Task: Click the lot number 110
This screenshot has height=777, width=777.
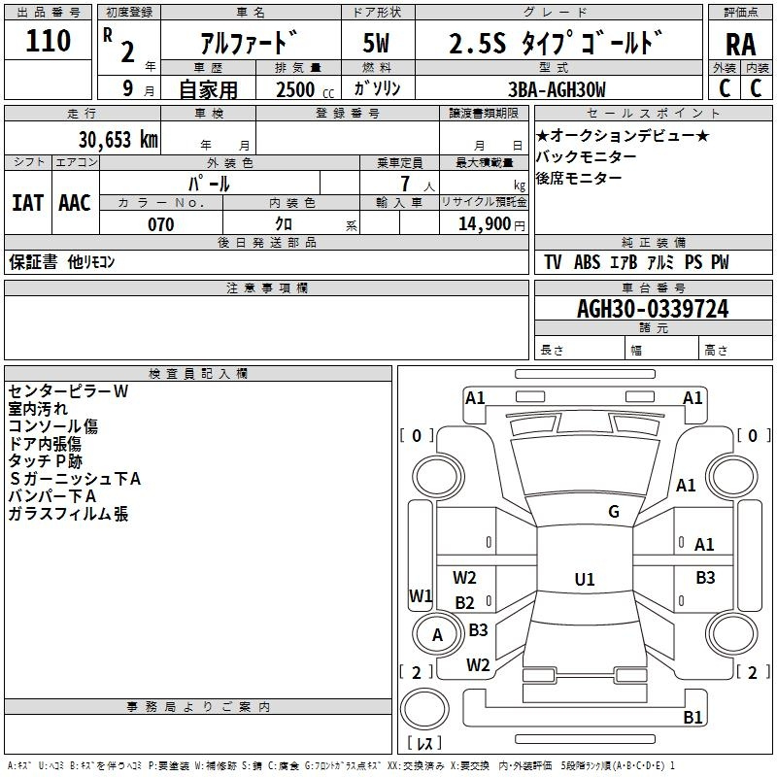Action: click(x=48, y=41)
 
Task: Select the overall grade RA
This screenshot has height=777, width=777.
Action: click(x=740, y=45)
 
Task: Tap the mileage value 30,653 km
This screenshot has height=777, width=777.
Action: click(x=118, y=140)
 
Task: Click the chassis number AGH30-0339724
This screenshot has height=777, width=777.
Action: click(x=653, y=309)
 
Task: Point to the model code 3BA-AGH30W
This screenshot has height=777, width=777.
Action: click(x=557, y=89)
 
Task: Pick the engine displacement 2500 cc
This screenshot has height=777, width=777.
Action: click(x=305, y=90)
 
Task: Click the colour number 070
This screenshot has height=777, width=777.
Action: click(x=161, y=224)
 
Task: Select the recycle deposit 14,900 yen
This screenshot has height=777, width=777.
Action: click(x=491, y=224)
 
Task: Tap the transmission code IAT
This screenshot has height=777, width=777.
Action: click(x=27, y=203)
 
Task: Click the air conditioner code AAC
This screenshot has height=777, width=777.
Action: click(x=75, y=203)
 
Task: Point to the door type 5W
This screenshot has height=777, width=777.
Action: click(x=376, y=43)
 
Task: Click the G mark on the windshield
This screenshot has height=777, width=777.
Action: click(x=614, y=512)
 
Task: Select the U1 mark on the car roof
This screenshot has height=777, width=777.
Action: click(x=585, y=579)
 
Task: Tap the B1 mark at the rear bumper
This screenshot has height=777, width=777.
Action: click(x=693, y=717)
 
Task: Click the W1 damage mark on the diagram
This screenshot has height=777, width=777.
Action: click(x=421, y=595)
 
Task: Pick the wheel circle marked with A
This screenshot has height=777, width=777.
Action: click(x=436, y=634)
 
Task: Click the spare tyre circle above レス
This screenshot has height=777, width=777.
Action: click(x=424, y=709)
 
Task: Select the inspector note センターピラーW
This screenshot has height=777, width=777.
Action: click(x=68, y=391)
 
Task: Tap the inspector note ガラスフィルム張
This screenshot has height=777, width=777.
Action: click(x=68, y=514)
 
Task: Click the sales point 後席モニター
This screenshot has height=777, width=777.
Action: click(x=579, y=178)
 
